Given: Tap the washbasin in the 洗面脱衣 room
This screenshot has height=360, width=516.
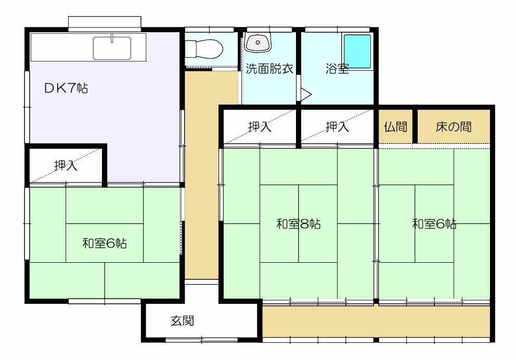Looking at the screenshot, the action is [x=258, y=43].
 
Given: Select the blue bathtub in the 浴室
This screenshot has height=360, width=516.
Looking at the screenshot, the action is [x=357, y=52].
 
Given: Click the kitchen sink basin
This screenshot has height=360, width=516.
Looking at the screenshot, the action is [x=112, y=48].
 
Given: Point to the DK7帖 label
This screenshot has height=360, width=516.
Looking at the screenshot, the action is [x=66, y=88].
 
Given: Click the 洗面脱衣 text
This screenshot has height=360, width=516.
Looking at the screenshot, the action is [x=269, y=69].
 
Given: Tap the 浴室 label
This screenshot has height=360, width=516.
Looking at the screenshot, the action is [x=337, y=69].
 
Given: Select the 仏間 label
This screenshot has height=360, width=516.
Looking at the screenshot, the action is [x=395, y=126].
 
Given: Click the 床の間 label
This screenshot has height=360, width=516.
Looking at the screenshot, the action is [x=454, y=126].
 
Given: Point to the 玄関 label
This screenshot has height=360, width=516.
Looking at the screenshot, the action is [x=182, y=320].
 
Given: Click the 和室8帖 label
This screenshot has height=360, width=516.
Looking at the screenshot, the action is [x=299, y=224].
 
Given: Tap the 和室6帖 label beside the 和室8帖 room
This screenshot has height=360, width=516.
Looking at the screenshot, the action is [x=434, y=224].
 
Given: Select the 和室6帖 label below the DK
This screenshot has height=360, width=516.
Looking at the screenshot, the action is [x=105, y=243].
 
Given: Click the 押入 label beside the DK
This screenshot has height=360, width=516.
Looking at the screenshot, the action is [x=66, y=165].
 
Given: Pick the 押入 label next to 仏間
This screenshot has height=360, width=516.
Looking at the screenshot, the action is [x=337, y=126].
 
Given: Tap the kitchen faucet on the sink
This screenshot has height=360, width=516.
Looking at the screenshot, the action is [x=112, y=38].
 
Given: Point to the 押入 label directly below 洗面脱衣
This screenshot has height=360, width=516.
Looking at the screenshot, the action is [x=260, y=126].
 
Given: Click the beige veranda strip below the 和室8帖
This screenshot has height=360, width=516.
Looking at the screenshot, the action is [x=376, y=322].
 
